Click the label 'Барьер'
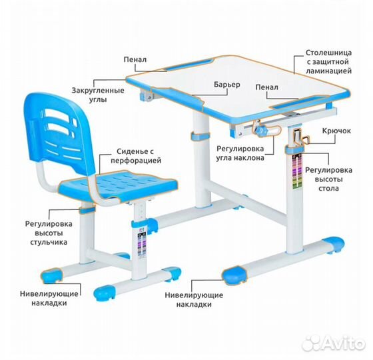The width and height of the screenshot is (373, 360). coord(227,85)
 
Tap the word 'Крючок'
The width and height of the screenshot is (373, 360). coord(336,131)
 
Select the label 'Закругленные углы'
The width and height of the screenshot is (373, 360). coord(98,95)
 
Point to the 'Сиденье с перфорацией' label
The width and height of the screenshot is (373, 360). coord(136,156)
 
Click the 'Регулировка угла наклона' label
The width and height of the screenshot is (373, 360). coord(240,153)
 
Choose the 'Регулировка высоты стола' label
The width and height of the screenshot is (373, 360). coord(328,179)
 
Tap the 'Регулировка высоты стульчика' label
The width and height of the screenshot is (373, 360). coord(49,233)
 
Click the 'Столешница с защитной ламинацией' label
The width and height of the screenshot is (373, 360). coord(328,61)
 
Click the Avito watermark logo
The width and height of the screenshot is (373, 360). coord(333,343)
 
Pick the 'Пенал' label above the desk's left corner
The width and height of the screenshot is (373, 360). coord(135,59)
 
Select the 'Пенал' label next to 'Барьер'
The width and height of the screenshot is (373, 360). coord(266,87)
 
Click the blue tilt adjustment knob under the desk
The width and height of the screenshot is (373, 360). coord(261,131)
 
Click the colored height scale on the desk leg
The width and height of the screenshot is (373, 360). coord(296,172)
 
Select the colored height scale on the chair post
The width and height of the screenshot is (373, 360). coord(143,244)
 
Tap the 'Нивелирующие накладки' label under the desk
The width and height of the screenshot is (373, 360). coord(194,299)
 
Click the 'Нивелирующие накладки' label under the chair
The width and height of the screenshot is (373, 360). coord(49,299)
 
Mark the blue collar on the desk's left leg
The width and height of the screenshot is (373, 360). coord(200,137)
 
